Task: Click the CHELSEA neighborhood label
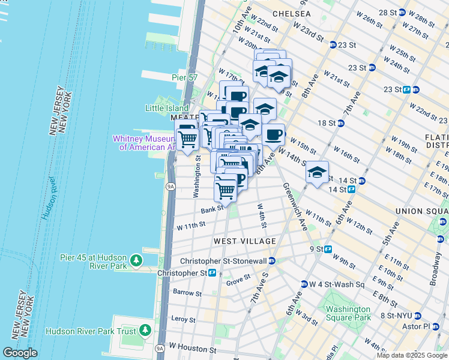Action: click(x=291, y=13)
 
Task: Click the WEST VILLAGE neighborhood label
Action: click(x=245, y=241)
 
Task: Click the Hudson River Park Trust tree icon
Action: click(x=145, y=331)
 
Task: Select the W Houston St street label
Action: click(x=192, y=347)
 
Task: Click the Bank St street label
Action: click(x=212, y=209)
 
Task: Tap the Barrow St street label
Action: click(x=187, y=293)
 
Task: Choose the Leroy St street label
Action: click(x=184, y=319)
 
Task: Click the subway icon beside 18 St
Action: click(x=340, y=123)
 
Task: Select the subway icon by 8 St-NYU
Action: click(x=418, y=316)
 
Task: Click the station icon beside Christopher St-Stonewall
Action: click(x=272, y=260)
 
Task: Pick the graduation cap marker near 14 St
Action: click(x=317, y=173)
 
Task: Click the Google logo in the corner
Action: click(x=20, y=353)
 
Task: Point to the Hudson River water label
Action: click(x=47, y=198)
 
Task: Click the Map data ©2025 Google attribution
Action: click(x=412, y=355)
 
